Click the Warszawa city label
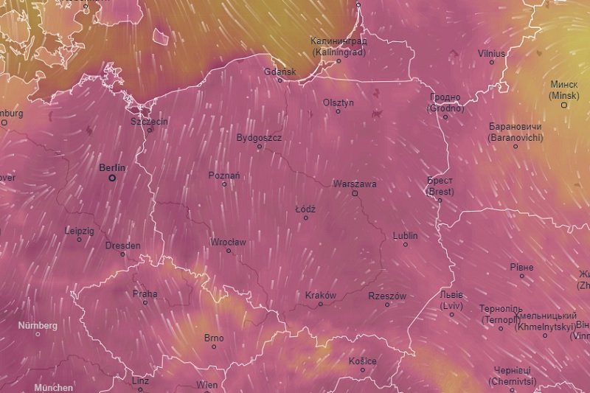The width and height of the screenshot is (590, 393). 355,184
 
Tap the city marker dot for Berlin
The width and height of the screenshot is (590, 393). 112,178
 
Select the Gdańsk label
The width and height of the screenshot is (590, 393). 280,72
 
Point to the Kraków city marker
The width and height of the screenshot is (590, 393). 320,304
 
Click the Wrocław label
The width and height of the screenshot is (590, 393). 228,242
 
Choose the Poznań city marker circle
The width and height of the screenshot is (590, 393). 225,184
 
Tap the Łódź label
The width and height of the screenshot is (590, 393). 305,209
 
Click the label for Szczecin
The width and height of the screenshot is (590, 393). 149,121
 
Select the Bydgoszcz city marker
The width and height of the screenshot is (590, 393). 259,146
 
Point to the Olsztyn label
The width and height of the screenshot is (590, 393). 339,102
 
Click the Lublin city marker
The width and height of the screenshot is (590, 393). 405,244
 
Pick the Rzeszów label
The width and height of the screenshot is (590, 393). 387,296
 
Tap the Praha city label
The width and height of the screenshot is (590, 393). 145,293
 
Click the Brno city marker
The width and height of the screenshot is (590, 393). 214,347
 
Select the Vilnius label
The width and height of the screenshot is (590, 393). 491,53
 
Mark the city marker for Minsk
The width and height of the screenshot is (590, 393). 564,105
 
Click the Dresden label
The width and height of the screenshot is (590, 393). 122,246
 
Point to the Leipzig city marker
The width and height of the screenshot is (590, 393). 79,239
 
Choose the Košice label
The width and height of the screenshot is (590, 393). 362,361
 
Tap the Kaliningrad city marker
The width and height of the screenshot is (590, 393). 339,60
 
